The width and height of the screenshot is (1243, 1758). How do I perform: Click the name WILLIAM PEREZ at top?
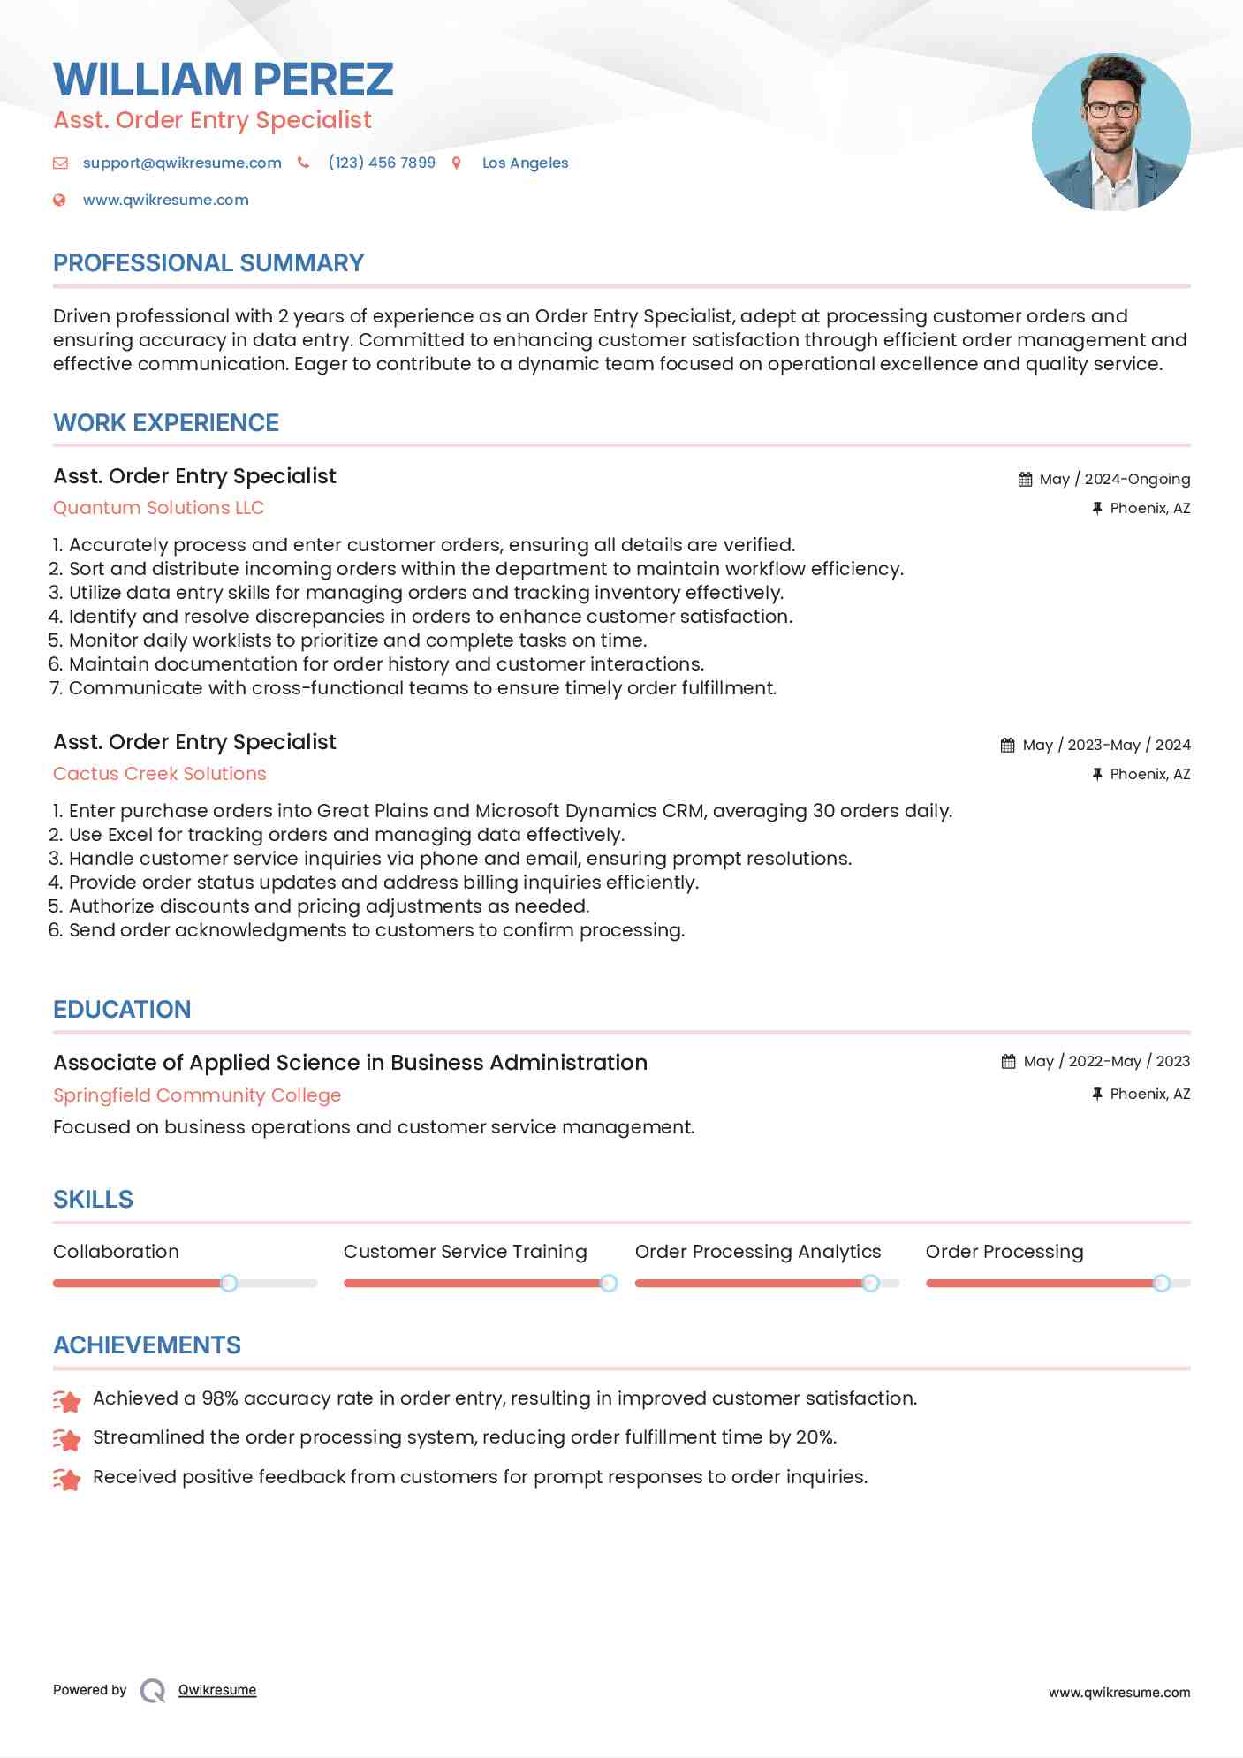click(223, 80)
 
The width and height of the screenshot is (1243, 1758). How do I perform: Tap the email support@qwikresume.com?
click(182, 163)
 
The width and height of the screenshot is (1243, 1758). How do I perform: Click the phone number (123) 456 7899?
click(382, 163)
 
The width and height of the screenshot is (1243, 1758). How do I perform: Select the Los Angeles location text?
click(525, 163)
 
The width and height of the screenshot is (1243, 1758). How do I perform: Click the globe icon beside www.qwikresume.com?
click(59, 200)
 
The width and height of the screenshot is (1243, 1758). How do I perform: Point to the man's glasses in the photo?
click(1110, 110)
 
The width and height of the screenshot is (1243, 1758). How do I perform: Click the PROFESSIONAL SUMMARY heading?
click(208, 263)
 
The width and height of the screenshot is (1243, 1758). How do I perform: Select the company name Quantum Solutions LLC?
click(158, 508)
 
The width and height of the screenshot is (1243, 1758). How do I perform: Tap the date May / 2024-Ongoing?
click(1114, 479)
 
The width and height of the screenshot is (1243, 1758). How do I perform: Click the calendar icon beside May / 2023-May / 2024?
click(1007, 745)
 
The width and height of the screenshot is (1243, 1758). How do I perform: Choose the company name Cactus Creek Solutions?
click(159, 774)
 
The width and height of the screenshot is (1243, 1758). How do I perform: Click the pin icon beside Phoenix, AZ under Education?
click(1096, 1094)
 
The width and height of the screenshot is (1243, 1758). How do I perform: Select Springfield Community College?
click(197, 1095)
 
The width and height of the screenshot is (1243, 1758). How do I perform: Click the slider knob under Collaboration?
click(229, 1283)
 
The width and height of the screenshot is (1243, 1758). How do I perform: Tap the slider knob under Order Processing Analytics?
click(870, 1283)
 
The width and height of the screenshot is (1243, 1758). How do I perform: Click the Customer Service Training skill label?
click(465, 1252)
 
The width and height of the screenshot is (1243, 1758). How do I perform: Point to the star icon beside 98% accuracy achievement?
click(67, 1400)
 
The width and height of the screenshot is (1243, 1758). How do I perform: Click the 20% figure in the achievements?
click(815, 1437)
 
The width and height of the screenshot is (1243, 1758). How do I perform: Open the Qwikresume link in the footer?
click(217, 1690)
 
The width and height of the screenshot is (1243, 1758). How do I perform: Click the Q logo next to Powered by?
click(153, 1691)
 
